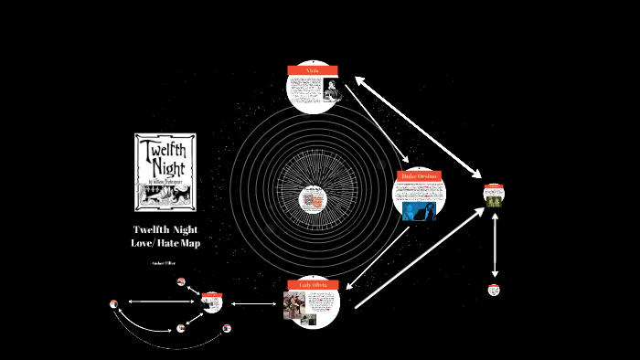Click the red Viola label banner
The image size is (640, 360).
[313, 70]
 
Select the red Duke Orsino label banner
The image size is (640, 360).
[420, 175]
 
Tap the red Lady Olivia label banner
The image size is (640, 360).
[313, 285]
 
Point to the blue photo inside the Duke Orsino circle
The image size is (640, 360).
[420, 211]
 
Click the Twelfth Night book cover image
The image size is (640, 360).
[164, 171]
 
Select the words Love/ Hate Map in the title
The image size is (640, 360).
[165, 243]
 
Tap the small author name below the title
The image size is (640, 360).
[165, 262]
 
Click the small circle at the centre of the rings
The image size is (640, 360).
[313, 196]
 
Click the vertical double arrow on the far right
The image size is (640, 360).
[495, 244]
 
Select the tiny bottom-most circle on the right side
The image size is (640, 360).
[494, 290]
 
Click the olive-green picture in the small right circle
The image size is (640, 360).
[494, 197]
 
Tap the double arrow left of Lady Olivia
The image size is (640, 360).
[254, 303]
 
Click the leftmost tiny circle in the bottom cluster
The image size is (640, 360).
[113, 303]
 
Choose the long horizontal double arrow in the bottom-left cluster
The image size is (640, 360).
[161, 301]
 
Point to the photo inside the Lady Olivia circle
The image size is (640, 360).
[296, 305]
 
